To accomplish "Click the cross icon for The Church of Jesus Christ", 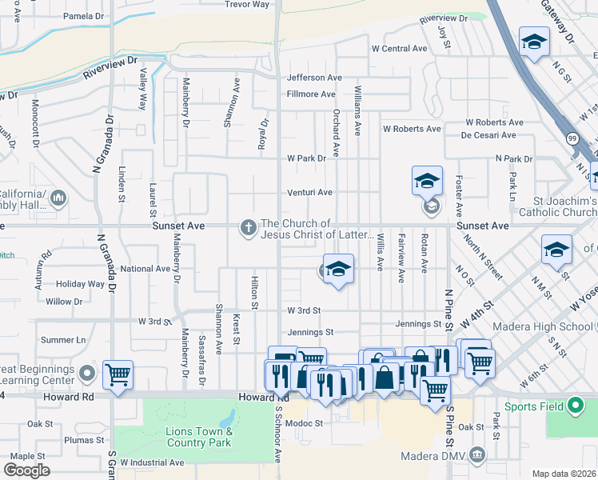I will [x=249, y=229].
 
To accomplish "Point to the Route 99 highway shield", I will [x=571, y=139].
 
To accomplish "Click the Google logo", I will [x=26, y=470].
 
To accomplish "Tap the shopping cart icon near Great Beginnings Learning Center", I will [x=118, y=374].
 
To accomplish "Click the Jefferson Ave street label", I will [x=314, y=78].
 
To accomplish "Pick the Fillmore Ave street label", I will [x=311, y=94].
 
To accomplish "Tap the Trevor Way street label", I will [x=247, y=5].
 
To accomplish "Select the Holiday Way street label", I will [x=81, y=284].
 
